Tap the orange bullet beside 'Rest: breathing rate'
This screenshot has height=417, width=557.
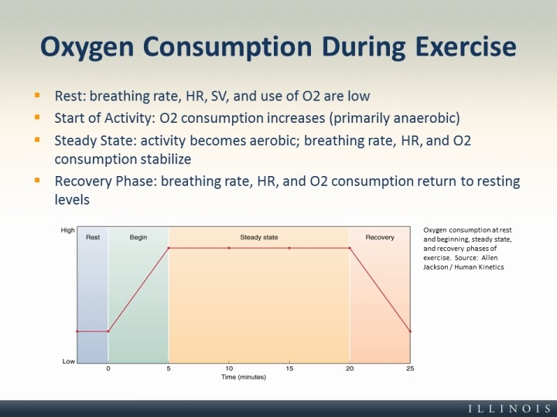click(37, 95)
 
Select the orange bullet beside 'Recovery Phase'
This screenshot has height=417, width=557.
click(37, 180)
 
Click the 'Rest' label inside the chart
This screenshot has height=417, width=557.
click(93, 237)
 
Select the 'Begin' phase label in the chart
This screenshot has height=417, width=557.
click(138, 237)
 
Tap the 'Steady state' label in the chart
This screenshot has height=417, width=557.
click(259, 237)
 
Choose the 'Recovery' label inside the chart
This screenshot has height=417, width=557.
click(380, 237)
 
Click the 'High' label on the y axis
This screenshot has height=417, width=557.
click(67, 230)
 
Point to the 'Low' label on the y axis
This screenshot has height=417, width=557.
click(69, 361)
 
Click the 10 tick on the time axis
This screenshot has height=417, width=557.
click(229, 368)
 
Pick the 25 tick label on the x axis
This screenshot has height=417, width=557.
click(410, 368)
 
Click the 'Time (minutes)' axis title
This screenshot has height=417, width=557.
click(244, 377)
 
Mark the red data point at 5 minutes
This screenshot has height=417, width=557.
click(169, 248)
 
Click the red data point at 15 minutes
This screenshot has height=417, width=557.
click(289, 248)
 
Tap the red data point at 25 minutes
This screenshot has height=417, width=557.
click(410, 331)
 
